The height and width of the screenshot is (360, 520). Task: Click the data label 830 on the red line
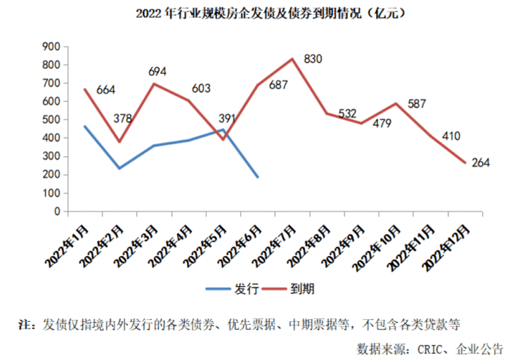click(x=313, y=60)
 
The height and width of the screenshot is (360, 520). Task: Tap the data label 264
click(x=481, y=163)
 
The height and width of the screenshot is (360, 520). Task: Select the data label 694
click(x=158, y=72)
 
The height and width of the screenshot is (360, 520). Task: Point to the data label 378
click(x=122, y=118)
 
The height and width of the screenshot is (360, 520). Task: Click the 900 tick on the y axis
click(x=51, y=46)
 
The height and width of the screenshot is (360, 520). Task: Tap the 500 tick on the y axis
click(x=51, y=120)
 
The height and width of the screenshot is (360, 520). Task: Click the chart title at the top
click(x=259, y=13)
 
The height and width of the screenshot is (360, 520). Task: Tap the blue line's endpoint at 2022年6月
click(x=258, y=177)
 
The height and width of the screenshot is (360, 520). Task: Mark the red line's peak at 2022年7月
click(x=292, y=58)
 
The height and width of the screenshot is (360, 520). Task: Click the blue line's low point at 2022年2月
click(x=119, y=168)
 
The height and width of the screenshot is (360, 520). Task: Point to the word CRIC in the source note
click(x=427, y=348)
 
